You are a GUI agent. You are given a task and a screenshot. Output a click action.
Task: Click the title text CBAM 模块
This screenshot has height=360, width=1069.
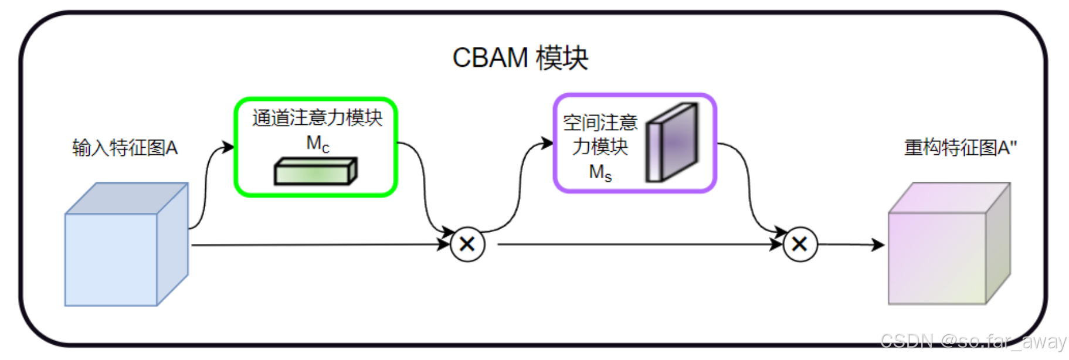(x=520, y=58)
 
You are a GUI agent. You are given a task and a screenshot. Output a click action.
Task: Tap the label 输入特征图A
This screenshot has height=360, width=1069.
(x=124, y=148)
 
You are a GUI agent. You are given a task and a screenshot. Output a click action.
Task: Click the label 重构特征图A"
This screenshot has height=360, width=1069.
(x=960, y=148)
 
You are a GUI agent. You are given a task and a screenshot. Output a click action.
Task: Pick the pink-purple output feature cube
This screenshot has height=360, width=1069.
(x=936, y=258)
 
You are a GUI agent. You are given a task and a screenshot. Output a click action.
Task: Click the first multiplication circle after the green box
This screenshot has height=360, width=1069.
(x=467, y=244)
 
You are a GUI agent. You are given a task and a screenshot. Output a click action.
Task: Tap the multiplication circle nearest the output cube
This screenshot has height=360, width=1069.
(x=800, y=244)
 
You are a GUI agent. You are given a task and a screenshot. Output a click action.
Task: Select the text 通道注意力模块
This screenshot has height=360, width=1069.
(x=317, y=118)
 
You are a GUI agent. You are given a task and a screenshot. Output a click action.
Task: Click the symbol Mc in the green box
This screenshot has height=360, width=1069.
(x=318, y=144)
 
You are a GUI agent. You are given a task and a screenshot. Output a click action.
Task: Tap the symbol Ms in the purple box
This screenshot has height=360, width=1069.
(x=600, y=172)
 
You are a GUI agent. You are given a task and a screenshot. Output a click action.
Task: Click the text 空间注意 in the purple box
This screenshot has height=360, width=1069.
(x=600, y=123)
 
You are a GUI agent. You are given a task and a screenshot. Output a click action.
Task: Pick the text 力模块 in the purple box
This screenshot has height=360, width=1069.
(x=600, y=147)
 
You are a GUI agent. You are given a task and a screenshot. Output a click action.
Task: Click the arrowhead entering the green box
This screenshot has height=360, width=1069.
(x=228, y=147)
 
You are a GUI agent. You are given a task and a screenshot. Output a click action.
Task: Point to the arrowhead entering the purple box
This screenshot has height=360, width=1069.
(x=547, y=142)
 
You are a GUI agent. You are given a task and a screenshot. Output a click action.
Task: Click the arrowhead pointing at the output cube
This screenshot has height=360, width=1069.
(x=878, y=244)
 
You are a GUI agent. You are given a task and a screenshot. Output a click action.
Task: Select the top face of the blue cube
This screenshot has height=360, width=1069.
(x=127, y=198)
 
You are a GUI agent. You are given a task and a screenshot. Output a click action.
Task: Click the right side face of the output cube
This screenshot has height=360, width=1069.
(x=997, y=243)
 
